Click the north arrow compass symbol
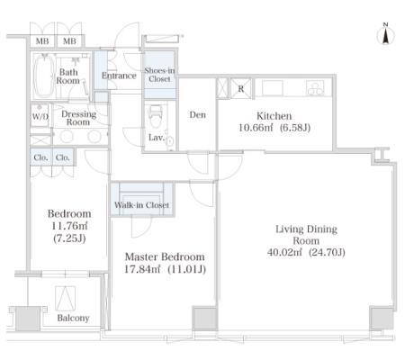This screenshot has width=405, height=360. point(385,33)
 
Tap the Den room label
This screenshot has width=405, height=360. point(198,114)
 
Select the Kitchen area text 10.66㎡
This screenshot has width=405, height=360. point(256,128)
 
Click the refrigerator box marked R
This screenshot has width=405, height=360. point(240,88)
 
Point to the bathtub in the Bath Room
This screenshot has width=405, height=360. point(44,76)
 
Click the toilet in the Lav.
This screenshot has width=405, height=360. point(155,116)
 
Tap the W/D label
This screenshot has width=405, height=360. point(40,116)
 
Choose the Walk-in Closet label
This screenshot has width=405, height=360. point(141,205)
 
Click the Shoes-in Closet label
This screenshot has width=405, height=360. point(159,75)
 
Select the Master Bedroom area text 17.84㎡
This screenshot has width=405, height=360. point(142,269)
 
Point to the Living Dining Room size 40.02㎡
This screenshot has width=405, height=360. point(284,252)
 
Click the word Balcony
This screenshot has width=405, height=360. point(73,318)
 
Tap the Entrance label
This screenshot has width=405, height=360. point(119,76)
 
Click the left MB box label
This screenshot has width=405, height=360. point(42,41)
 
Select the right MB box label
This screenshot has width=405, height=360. point(69,41)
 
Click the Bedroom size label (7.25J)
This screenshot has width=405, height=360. point(69,238)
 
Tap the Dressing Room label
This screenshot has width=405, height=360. point(78,118)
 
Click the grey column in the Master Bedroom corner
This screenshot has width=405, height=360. point(204,319)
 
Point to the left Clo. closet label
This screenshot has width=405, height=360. point(40,157)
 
